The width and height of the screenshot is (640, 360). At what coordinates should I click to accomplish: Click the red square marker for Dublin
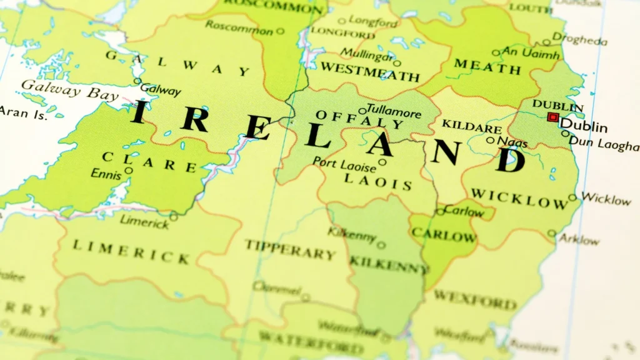click(552, 117)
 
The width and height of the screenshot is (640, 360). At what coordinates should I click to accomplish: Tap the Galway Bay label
click(69, 91)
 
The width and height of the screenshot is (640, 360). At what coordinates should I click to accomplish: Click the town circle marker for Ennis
click(128, 170)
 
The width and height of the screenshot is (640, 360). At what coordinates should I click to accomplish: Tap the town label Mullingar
click(367, 54)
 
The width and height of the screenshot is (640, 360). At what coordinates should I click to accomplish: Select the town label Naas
click(512, 142)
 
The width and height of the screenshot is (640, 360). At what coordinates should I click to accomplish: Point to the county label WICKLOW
click(519, 199)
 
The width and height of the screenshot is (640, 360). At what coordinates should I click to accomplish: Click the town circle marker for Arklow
click(551, 234)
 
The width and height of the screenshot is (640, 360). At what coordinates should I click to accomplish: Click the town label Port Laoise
click(344, 166)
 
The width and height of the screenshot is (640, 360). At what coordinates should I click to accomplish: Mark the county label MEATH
click(487, 66)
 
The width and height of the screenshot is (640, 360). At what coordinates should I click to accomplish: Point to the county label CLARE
click(149, 162)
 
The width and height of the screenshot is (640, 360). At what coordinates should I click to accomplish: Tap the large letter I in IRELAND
click(141, 112)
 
